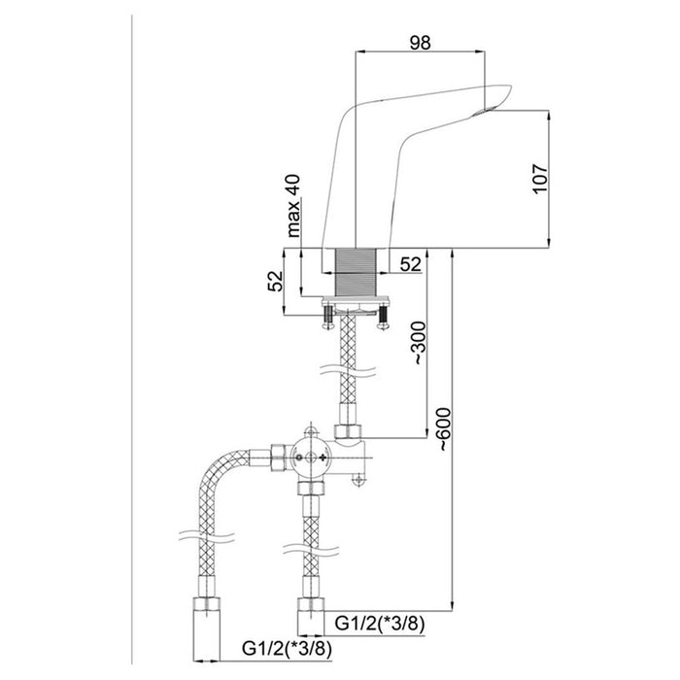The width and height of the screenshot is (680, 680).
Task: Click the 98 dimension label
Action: pos(420,43)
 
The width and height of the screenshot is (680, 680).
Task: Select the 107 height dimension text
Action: pos(540,179)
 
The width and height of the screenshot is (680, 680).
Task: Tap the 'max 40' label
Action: pos(293,206)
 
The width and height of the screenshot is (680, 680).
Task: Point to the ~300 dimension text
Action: pos(419,343)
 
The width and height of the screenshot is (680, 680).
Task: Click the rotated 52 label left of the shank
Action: pos(275,281)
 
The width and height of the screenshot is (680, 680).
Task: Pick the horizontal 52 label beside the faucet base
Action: pos(410,264)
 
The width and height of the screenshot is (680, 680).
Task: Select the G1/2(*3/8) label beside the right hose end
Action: pos(380,624)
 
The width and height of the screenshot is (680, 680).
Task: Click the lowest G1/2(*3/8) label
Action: pos(287,649)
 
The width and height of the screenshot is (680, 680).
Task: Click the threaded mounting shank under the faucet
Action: pos(356,273)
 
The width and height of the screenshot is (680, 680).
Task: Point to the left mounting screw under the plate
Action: pos(328,318)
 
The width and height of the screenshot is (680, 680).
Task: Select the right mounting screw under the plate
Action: pos(383,318)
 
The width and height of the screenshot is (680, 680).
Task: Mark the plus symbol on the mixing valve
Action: pos(323,458)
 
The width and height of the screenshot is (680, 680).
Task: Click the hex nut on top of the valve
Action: pos(348,431)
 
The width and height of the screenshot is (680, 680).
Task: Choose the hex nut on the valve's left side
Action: pos(278,458)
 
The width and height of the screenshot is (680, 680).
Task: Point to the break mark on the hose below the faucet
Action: pos(348,371)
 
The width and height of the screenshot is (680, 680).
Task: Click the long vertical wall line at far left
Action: pos(131,339)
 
